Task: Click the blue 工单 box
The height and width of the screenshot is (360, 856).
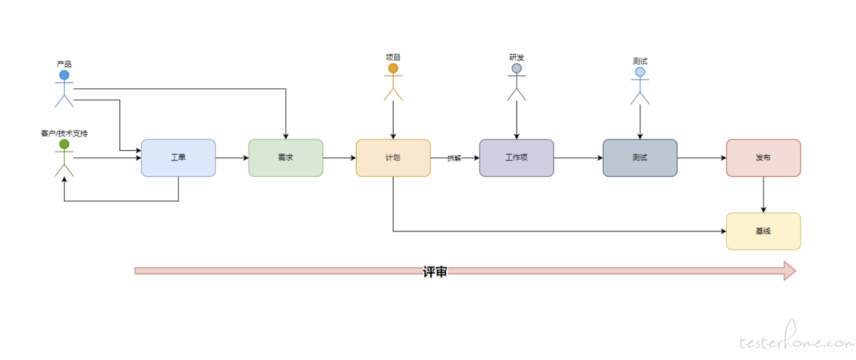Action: click(178, 158)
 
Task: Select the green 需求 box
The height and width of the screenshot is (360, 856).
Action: click(285, 158)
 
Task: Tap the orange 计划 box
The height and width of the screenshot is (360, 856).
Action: click(393, 158)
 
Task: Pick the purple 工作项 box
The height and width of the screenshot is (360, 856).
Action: click(516, 158)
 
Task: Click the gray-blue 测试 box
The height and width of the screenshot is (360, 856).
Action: click(640, 158)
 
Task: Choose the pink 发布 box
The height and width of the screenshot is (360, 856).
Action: click(763, 158)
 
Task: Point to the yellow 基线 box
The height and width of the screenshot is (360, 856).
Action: click(763, 231)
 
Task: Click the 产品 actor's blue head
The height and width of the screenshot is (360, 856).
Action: click(65, 75)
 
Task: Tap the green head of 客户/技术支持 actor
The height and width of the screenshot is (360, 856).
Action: click(65, 144)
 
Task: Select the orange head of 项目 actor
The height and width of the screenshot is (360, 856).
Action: click(393, 69)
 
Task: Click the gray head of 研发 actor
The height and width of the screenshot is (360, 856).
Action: click(516, 69)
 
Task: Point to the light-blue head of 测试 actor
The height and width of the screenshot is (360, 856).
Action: click(640, 72)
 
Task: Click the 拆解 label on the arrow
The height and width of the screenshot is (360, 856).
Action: click(454, 158)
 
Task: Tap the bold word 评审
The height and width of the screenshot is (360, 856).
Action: click(435, 272)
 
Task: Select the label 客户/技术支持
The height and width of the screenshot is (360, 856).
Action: click(65, 133)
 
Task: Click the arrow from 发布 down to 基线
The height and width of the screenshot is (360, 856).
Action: click(763, 194)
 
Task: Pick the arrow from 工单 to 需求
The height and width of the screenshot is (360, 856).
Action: click(232, 158)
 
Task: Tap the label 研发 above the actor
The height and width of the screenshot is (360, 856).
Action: click(516, 57)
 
